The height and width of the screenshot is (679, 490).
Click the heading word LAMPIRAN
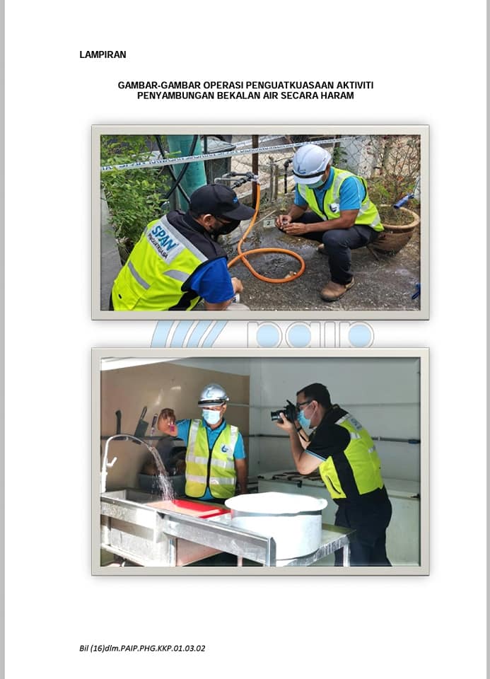[103, 54]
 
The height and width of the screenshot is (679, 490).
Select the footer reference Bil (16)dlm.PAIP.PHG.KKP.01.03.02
[142, 649]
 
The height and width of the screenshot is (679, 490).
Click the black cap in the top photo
[221, 202]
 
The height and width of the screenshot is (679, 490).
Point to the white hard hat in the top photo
[311, 163]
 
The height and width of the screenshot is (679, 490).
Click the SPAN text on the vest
[164, 238]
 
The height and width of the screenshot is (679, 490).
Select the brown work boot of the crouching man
[337, 290]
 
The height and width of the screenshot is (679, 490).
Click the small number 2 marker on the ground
[269, 223]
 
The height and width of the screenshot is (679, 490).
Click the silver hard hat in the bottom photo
[213, 395]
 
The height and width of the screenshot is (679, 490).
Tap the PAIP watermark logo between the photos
[262, 334]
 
